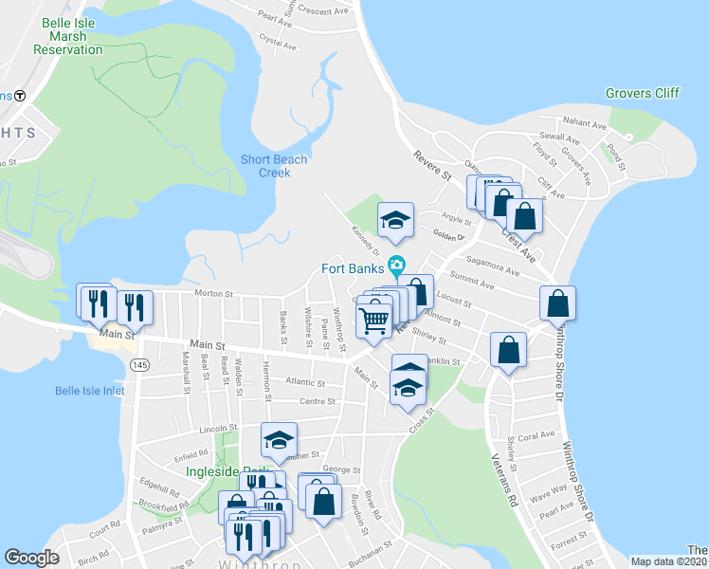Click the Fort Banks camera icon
[396, 265]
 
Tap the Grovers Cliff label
[642, 93]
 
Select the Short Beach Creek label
[274, 166]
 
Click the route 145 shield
[140, 365]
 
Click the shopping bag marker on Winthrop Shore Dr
[557, 303]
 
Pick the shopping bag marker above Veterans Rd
[509, 350]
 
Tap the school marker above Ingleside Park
[280, 439]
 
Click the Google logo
[31, 558]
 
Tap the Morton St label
[213, 294]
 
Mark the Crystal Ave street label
[278, 43]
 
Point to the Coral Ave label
[536, 436]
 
